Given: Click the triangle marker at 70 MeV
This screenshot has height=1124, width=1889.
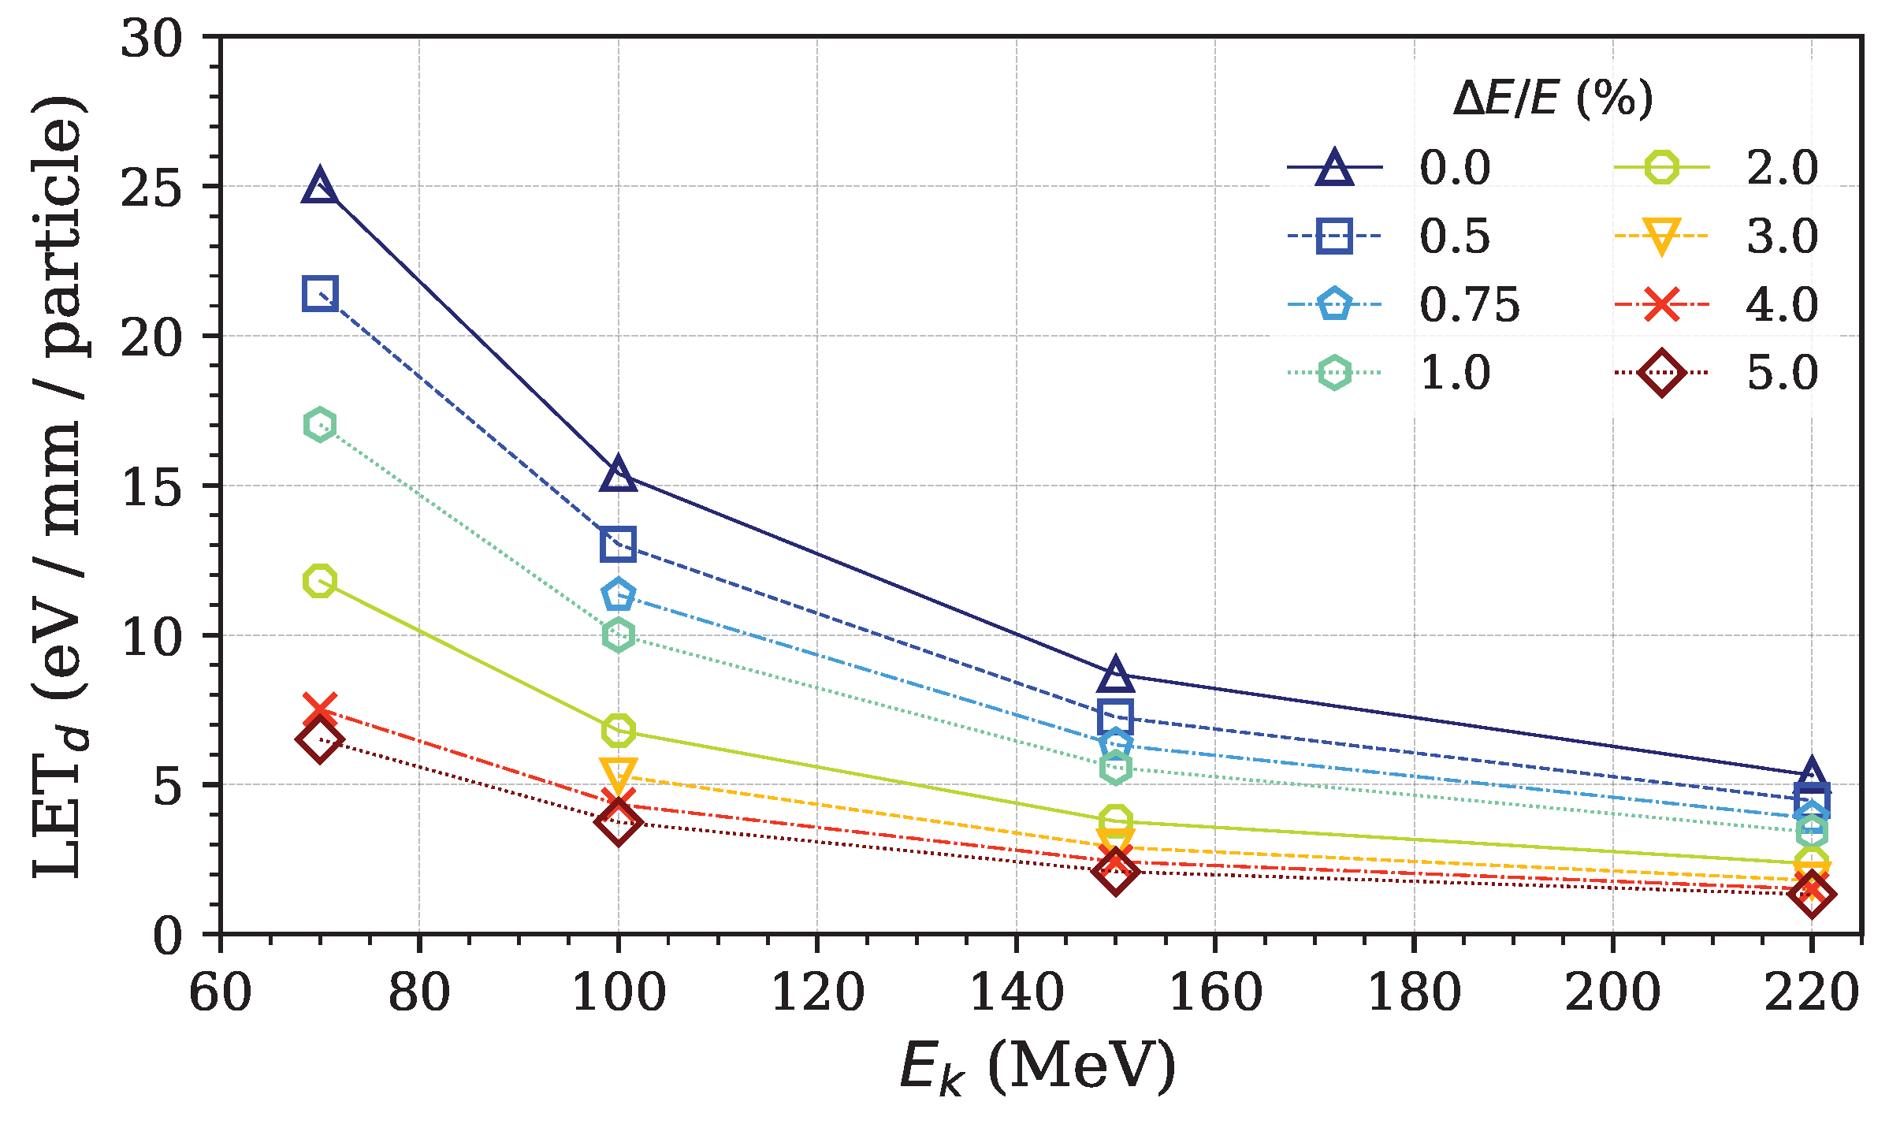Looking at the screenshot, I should click(x=319, y=188).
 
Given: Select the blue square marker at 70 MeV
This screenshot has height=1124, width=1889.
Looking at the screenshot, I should click(x=319, y=293).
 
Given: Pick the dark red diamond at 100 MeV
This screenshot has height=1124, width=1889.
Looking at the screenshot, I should click(x=618, y=822).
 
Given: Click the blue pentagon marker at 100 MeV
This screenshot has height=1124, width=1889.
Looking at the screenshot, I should click(x=618, y=594).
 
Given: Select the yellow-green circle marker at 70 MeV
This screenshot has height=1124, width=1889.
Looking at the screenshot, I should click(x=319, y=582).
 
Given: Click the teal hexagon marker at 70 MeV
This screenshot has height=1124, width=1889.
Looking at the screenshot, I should click(x=319, y=425).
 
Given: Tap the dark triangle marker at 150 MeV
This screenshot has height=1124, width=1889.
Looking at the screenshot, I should click(x=1115, y=675).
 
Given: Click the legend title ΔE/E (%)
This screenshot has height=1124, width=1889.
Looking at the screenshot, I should click(x=1552, y=100).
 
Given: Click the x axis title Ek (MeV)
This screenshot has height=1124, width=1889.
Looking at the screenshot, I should click(x=1037, y=1066).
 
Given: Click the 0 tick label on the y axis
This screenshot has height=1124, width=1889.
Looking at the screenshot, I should click(x=167, y=936).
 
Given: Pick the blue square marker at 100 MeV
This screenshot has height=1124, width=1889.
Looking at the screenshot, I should click(x=618, y=545).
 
